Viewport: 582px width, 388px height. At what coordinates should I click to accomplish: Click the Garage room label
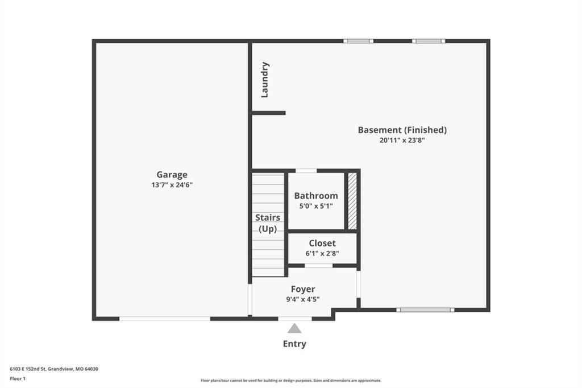[172, 175]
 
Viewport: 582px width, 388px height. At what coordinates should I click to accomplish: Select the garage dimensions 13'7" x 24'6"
[172, 185]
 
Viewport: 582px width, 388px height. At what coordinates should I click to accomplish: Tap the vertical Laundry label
[265, 80]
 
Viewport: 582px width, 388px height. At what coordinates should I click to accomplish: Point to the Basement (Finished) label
[402, 130]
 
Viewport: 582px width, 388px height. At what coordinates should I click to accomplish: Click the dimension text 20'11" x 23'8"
[402, 140]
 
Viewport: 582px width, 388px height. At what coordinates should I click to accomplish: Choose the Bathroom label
[316, 196]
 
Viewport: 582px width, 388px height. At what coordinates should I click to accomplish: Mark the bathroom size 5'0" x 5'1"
[316, 206]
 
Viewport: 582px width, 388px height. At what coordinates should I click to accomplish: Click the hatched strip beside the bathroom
[352, 201]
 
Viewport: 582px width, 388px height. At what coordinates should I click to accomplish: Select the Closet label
[322, 243]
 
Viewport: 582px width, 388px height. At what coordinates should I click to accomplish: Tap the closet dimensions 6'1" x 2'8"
[322, 254]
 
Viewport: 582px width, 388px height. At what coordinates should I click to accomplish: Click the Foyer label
[303, 289]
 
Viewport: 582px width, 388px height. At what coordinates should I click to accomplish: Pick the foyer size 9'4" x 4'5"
[303, 299]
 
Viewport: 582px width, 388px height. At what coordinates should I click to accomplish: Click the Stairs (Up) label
[268, 223]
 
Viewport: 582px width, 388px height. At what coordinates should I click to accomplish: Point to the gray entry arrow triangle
[294, 328]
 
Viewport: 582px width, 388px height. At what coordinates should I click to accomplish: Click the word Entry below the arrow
[294, 344]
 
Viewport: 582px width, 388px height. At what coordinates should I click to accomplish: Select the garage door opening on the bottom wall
[164, 319]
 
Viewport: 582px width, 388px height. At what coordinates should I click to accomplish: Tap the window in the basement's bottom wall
[425, 309]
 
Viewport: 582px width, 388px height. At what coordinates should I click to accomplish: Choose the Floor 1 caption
[18, 379]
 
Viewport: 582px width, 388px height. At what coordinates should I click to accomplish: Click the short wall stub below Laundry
[269, 113]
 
